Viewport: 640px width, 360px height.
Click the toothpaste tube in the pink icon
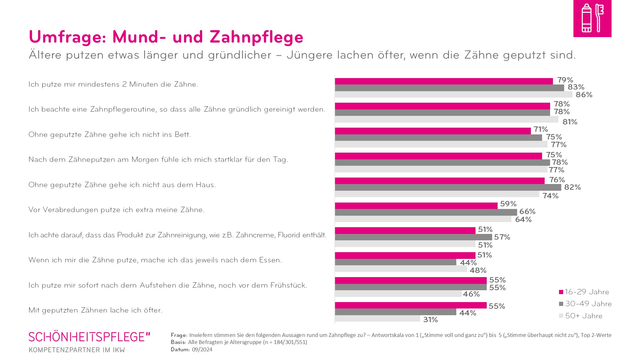point(586,18)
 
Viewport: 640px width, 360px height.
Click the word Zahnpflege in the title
point(256,37)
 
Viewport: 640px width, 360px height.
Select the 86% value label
point(584,95)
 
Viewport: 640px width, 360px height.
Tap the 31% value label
point(430,320)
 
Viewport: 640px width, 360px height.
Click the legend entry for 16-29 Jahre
point(584,292)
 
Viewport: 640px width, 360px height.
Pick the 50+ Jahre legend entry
point(580,316)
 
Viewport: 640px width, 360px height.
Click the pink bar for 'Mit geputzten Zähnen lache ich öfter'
point(411,305)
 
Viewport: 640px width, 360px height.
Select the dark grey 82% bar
point(448,188)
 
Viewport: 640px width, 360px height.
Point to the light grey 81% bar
point(446,119)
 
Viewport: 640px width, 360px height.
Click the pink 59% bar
point(416,205)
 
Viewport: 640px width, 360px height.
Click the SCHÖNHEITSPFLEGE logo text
point(89,337)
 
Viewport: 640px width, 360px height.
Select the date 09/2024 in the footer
point(202,349)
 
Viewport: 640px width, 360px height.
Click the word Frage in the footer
point(179,335)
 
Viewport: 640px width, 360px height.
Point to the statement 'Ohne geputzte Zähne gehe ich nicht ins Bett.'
point(109,135)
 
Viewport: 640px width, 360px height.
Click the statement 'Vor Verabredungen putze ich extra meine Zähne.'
point(116,210)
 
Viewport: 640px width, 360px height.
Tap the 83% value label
point(576,87)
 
